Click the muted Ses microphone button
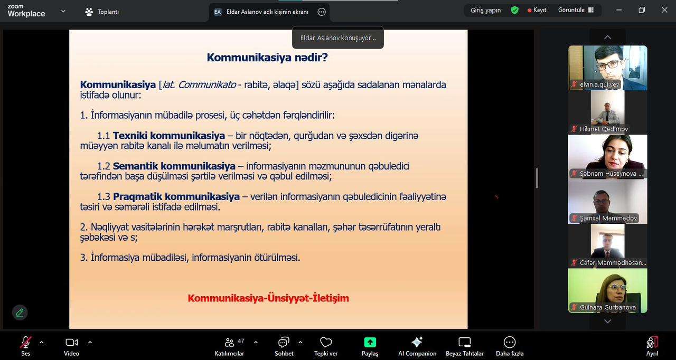click(26, 343)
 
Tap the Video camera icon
click(71, 343)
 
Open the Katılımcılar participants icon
click(229, 343)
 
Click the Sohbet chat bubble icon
click(284, 343)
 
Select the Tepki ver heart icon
click(326, 343)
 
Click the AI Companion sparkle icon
click(417, 342)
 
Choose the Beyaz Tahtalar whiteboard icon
click(464, 343)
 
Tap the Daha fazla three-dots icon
click(510, 342)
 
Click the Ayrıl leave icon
click(652, 343)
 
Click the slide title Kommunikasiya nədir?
click(267, 58)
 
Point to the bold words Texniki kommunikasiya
click(169, 136)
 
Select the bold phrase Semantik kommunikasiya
click(174, 166)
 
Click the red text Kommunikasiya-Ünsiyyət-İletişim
click(268, 298)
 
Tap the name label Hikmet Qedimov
click(604, 129)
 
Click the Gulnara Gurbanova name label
click(608, 307)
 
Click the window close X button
click(664, 10)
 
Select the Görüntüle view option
click(576, 10)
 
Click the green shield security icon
click(514, 10)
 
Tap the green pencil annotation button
click(20, 312)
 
